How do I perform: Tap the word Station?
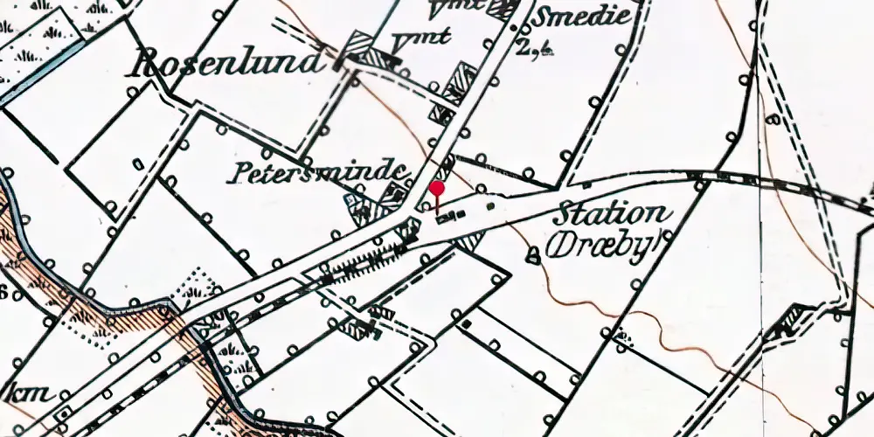click(613, 215)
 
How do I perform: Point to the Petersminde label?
click(318, 172)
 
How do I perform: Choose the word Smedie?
click(581, 17)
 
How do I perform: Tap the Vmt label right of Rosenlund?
click(409, 40)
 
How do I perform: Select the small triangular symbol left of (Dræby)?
click(533, 255)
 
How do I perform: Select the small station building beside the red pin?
click(451, 216)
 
